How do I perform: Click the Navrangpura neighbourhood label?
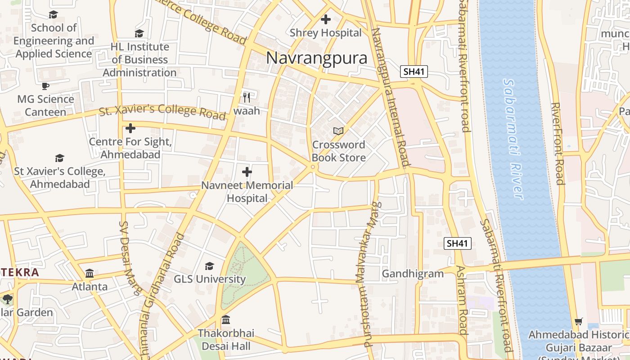[316, 58]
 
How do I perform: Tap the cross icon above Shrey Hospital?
[325, 19]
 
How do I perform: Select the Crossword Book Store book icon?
[338, 131]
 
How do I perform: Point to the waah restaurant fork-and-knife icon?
[247, 97]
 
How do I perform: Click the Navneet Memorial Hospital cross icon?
[247, 171]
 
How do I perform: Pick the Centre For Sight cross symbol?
[130, 128]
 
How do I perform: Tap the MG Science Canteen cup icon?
[45, 85]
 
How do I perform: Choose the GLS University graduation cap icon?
[209, 266]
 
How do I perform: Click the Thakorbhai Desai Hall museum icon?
[226, 320]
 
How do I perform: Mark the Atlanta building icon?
[90, 273]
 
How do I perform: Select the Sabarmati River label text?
[513, 139]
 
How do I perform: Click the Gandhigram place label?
[413, 274]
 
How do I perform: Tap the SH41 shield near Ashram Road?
[458, 243]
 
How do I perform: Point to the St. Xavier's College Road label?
[162, 111]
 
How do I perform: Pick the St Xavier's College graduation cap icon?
[59, 158]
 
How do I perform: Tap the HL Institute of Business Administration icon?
[139, 33]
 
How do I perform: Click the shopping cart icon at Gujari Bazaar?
[579, 322]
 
